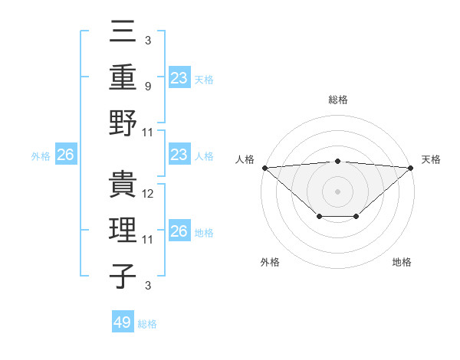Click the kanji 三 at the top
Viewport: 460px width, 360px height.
coord(123,34)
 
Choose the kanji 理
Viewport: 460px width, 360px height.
coord(123,231)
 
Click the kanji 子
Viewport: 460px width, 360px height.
coord(123,276)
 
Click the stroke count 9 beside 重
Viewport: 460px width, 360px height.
coord(147,86)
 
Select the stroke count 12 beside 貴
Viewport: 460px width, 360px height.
coord(149,194)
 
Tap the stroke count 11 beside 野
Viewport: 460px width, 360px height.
coord(148,132)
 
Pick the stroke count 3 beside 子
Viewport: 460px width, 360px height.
coord(147,286)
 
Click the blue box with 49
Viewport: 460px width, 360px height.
coord(122,322)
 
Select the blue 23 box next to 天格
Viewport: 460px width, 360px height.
coord(179,77)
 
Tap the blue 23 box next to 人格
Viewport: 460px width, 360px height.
coord(179,155)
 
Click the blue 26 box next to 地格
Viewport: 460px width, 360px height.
coord(179,231)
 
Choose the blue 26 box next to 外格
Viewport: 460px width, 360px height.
coord(65,155)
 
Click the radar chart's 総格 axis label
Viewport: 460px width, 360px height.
coord(337,100)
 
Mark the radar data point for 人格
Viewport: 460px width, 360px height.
coord(264,167)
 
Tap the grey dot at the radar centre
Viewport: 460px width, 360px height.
coord(337,191)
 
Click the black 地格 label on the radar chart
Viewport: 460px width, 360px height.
coord(402,262)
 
